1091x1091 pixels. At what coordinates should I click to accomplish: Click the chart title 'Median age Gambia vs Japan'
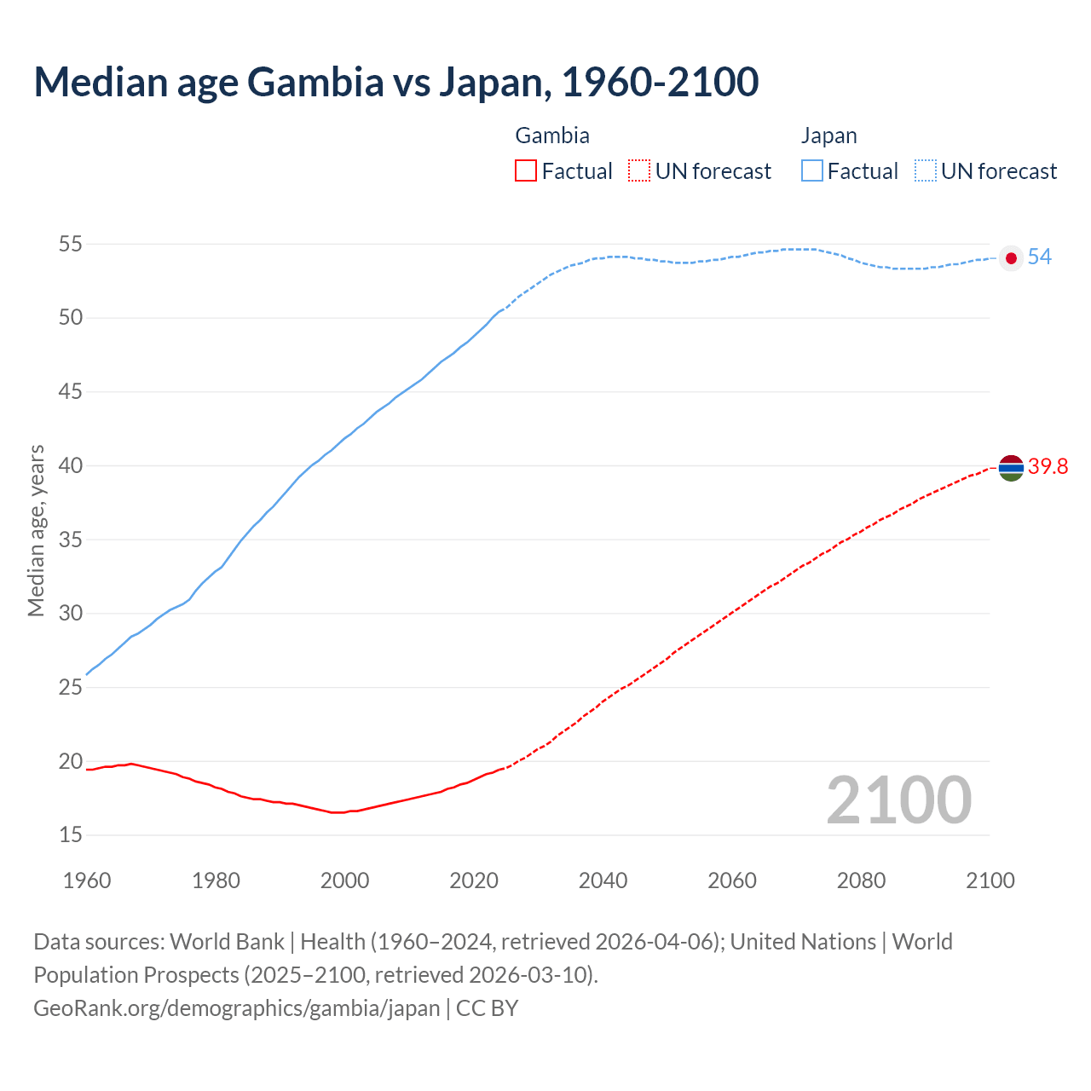click(395, 82)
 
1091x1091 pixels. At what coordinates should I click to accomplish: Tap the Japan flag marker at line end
click(1011, 258)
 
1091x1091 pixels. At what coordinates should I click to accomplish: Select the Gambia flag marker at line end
click(1011, 467)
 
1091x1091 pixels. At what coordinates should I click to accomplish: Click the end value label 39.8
click(1048, 467)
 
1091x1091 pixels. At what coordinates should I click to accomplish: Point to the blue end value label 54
click(1039, 257)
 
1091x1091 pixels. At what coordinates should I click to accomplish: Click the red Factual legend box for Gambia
click(526, 171)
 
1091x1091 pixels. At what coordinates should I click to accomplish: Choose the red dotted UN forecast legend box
click(639, 171)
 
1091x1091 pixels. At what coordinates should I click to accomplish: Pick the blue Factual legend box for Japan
click(812, 171)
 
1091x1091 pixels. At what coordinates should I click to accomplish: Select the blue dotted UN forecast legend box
click(925, 171)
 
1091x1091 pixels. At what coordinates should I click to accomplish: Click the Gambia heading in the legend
click(552, 136)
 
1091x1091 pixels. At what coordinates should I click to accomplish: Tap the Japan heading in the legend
click(828, 136)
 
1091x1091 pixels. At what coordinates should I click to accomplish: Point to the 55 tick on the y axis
click(71, 245)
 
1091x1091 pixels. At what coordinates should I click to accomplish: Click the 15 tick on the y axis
click(71, 835)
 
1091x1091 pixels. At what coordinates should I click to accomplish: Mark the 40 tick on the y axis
click(71, 466)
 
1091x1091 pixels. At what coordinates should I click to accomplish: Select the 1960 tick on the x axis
click(87, 880)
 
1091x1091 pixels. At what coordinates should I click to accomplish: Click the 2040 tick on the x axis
click(603, 880)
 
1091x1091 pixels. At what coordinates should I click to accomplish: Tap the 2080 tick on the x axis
click(861, 880)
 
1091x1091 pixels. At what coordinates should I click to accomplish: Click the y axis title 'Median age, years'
click(36, 530)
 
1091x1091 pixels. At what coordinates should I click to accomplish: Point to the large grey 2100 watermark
click(898, 799)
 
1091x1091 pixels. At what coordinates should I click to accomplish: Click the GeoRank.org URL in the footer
click(236, 1008)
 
